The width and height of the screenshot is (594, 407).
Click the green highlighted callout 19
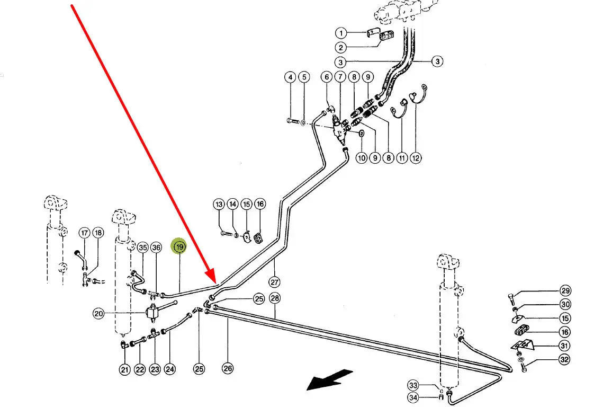click(179, 247)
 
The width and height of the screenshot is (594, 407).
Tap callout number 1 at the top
click(342, 33)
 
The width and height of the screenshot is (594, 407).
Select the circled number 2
click(342, 48)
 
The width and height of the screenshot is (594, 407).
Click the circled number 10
click(361, 157)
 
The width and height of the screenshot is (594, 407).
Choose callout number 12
click(416, 157)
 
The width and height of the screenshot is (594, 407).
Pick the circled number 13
click(219, 204)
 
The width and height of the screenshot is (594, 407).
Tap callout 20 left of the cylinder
click(98, 314)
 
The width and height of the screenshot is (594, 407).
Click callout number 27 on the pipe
click(274, 282)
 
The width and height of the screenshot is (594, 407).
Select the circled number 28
click(274, 298)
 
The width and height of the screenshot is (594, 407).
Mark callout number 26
click(228, 369)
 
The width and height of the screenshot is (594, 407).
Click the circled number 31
click(565, 346)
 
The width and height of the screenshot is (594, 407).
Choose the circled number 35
click(142, 247)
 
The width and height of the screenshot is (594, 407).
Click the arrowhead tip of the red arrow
click(215, 281)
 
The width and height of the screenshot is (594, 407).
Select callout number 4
click(290, 77)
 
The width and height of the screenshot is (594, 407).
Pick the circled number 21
click(124, 370)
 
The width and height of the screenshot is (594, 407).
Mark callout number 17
click(84, 233)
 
